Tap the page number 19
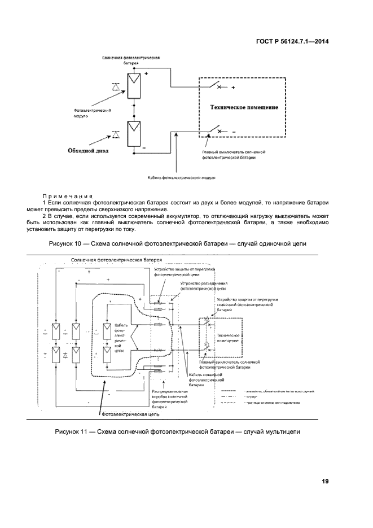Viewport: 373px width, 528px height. pyautogui.click(x=326, y=481)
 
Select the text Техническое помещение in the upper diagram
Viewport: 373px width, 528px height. pyautogui.click(x=244, y=107)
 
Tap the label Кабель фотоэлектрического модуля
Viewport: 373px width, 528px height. pyautogui.click(x=182, y=177)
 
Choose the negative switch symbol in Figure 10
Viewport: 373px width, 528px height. pyautogui.click(x=214, y=131)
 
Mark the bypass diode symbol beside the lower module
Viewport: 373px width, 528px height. pyautogui.click(x=116, y=134)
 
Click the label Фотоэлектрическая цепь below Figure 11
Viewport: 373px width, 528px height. pyautogui.click(x=130, y=414)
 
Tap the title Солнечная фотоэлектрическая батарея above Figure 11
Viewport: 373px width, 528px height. pyautogui.click(x=116, y=260)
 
